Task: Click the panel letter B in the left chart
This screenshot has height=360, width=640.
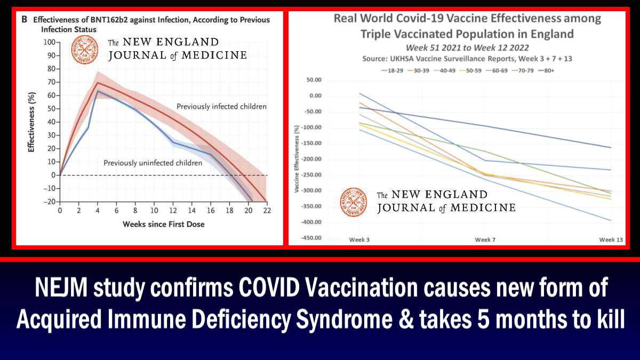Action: coord(25,20)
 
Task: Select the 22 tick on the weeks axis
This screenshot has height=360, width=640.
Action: coord(266,211)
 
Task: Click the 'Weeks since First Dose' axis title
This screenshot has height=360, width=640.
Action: coord(163,224)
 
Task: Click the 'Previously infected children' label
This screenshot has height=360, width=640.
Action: coord(221,107)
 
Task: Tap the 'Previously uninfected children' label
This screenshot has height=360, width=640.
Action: coord(153,163)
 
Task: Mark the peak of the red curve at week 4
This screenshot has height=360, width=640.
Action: coord(98,83)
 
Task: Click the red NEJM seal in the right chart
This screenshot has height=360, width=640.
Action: coord(354,202)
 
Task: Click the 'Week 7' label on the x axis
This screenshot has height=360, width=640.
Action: coord(485,240)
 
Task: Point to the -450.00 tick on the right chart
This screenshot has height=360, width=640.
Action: coord(311,238)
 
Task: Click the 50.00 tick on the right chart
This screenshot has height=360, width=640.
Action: coord(314,80)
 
